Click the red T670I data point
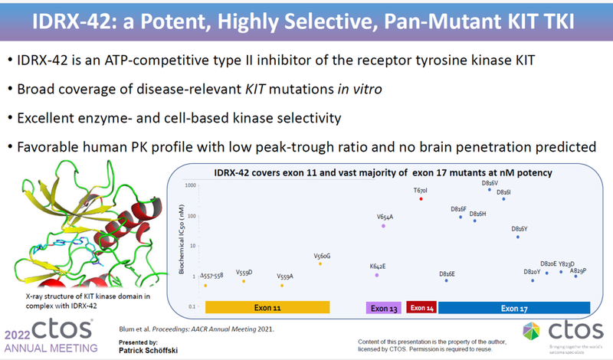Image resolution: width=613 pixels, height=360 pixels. click(421, 199)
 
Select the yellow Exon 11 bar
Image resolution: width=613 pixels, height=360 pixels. click(267, 308)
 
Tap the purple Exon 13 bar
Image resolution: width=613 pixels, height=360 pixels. click(382, 308)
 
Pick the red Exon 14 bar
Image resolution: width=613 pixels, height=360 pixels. click(421, 308)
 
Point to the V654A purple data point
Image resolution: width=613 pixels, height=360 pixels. click(384, 226)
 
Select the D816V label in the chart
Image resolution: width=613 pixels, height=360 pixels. click(490, 183)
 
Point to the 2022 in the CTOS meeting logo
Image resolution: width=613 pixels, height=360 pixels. click(19, 335)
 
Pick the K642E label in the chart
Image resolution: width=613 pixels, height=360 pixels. click(377, 266)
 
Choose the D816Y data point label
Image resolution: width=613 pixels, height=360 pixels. click(519, 229)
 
